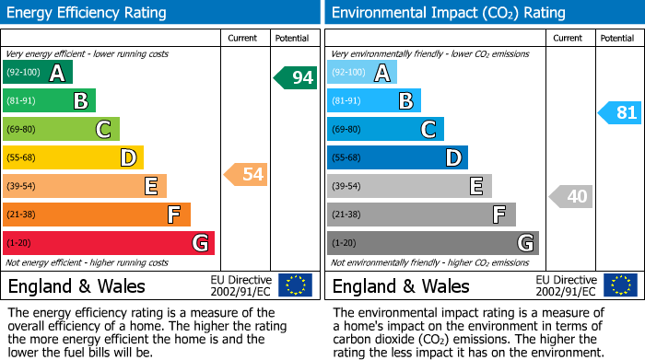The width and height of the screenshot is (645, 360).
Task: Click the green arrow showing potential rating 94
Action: coord(296,77)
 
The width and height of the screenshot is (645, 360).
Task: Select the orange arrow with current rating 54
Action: coord(246,174)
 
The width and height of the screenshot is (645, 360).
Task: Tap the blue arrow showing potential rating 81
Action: coord(620,112)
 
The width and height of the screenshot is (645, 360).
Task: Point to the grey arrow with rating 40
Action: coord(571,196)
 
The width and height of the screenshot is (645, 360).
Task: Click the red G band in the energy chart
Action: coord(109,243)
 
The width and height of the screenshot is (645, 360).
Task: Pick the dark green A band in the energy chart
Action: coord(38,73)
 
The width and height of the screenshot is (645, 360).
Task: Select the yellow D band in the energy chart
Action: coord(73,158)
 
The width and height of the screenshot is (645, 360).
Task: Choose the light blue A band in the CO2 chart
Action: coord(362,73)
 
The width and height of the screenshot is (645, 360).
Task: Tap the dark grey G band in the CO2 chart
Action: coord(432,243)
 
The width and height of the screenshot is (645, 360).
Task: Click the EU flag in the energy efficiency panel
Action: coord(295,285)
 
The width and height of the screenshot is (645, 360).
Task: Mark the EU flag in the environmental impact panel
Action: coord(619,285)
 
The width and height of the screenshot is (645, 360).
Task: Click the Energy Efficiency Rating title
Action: coord(88,13)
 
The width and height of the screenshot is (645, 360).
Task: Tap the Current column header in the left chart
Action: coord(242,38)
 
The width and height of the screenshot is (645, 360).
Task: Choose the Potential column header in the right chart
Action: coord(617,38)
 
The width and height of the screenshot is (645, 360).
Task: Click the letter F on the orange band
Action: coord(173,215)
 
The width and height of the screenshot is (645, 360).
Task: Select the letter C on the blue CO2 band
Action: coord(428,130)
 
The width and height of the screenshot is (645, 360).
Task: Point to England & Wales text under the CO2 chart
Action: coord(401,286)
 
